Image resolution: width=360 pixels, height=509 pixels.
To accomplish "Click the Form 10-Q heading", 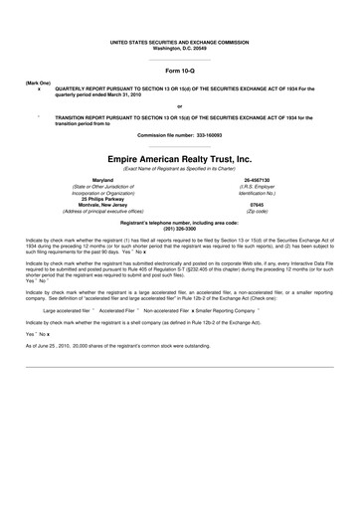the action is pos(179,73).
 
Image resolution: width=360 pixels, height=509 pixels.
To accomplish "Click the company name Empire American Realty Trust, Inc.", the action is pos(179,159).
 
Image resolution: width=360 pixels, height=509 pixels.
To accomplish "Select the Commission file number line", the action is pos(179,134).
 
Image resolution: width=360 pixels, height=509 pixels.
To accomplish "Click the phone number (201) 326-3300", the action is pos(179,229).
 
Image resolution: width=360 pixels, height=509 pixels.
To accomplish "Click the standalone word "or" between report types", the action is pos(179,105).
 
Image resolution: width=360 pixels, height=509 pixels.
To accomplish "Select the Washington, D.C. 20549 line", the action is pos(179,47).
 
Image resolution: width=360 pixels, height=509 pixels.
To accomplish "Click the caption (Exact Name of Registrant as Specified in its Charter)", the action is pos(179,169).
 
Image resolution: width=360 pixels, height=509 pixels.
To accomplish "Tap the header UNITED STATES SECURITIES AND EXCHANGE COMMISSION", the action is pos(179,41).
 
